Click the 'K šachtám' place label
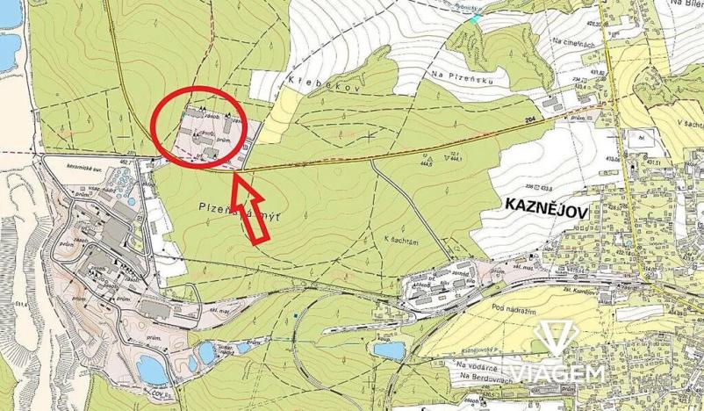pyautogui.click(x=399, y=240)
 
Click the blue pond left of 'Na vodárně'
pyautogui.click(x=387, y=350)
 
